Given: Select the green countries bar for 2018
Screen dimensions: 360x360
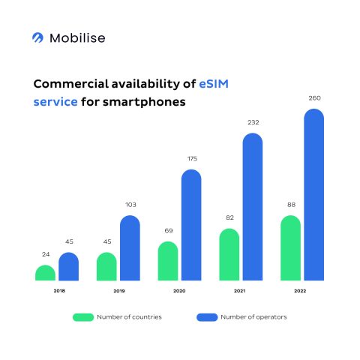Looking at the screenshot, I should tap(45, 273).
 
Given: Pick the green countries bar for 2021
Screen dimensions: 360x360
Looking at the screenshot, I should tap(229, 255).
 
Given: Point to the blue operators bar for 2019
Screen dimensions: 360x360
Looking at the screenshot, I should tap(130, 248).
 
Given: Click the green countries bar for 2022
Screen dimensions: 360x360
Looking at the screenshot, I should tap(290, 248).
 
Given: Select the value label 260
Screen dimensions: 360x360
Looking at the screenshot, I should tap(313, 97).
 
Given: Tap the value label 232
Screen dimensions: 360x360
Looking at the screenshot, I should tap(253, 122).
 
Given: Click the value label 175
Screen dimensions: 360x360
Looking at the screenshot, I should tap(191, 158).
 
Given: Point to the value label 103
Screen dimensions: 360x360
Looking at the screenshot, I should tap(130, 204).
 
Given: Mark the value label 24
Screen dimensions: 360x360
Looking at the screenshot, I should tap(45, 254).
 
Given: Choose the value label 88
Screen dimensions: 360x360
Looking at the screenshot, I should tap(290, 205).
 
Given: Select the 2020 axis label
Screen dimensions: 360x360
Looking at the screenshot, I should tap(179, 290).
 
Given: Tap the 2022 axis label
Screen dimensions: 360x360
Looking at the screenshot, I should tap(301, 290).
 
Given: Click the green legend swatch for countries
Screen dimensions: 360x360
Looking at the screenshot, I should tap(82, 316).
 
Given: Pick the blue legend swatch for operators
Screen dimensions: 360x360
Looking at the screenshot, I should tap(206, 316).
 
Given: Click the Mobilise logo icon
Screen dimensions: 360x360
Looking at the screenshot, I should tap(38, 37).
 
